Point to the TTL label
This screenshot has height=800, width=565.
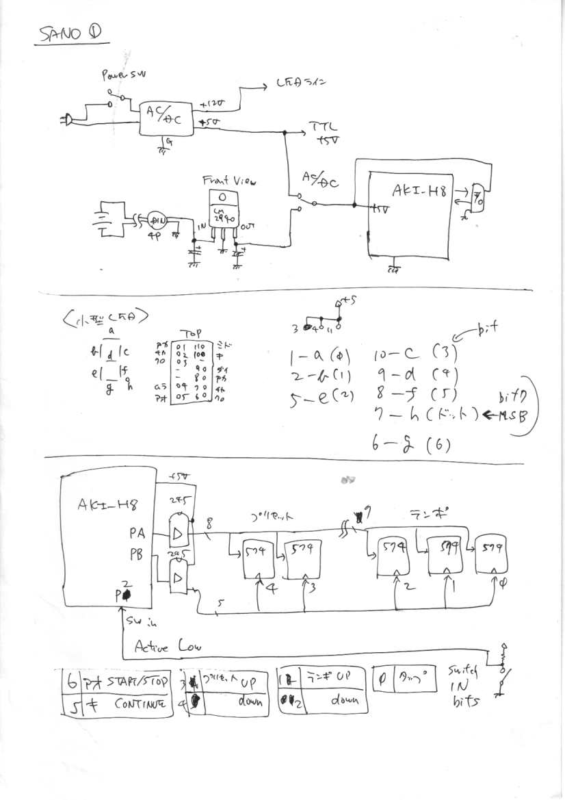point(319,128)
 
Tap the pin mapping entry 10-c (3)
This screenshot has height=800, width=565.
point(415,354)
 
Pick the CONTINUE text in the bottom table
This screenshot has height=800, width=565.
point(141,704)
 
